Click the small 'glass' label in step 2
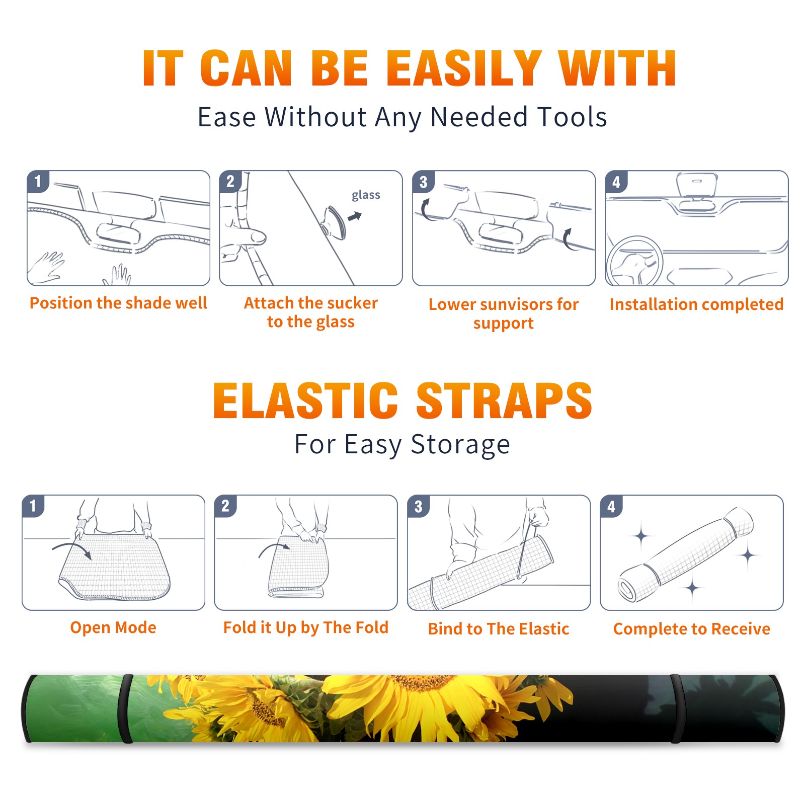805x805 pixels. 366,195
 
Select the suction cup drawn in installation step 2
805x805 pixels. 335,222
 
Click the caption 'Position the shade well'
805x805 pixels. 118,303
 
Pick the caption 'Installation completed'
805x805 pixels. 696,304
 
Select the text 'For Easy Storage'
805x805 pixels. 403,445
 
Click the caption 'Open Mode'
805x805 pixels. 113,627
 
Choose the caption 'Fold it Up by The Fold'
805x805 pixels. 306,627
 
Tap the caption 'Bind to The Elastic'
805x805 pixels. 499,629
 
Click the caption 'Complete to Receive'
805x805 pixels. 692,629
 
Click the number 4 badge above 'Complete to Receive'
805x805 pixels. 611,506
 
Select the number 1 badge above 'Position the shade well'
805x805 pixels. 38,181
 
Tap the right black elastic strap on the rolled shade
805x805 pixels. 676,709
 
